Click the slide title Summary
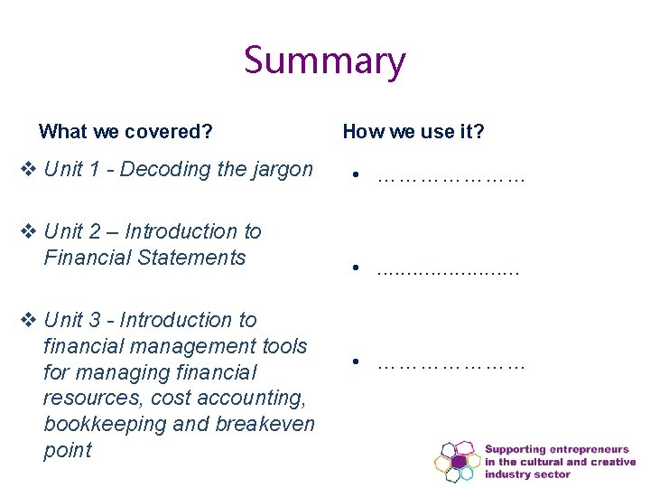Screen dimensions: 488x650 pyautogui.click(x=325, y=61)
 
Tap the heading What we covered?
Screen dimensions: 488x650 pyautogui.click(x=125, y=132)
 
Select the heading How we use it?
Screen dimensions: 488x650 pyautogui.click(x=413, y=132)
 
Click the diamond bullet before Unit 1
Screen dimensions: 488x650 pyautogui.click(x=29, y=169)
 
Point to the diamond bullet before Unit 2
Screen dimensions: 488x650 pyautogui.click(x=29, y=231)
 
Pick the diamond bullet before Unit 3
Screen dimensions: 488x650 pyautogui.click(x=29, y=320)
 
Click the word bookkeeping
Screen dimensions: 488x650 pyautogui.click(x=99, y=424)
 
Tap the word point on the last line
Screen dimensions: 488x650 pyautogui.click(x=68, y=450)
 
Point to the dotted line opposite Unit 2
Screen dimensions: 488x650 pyautogui.click(x=448, y=269)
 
